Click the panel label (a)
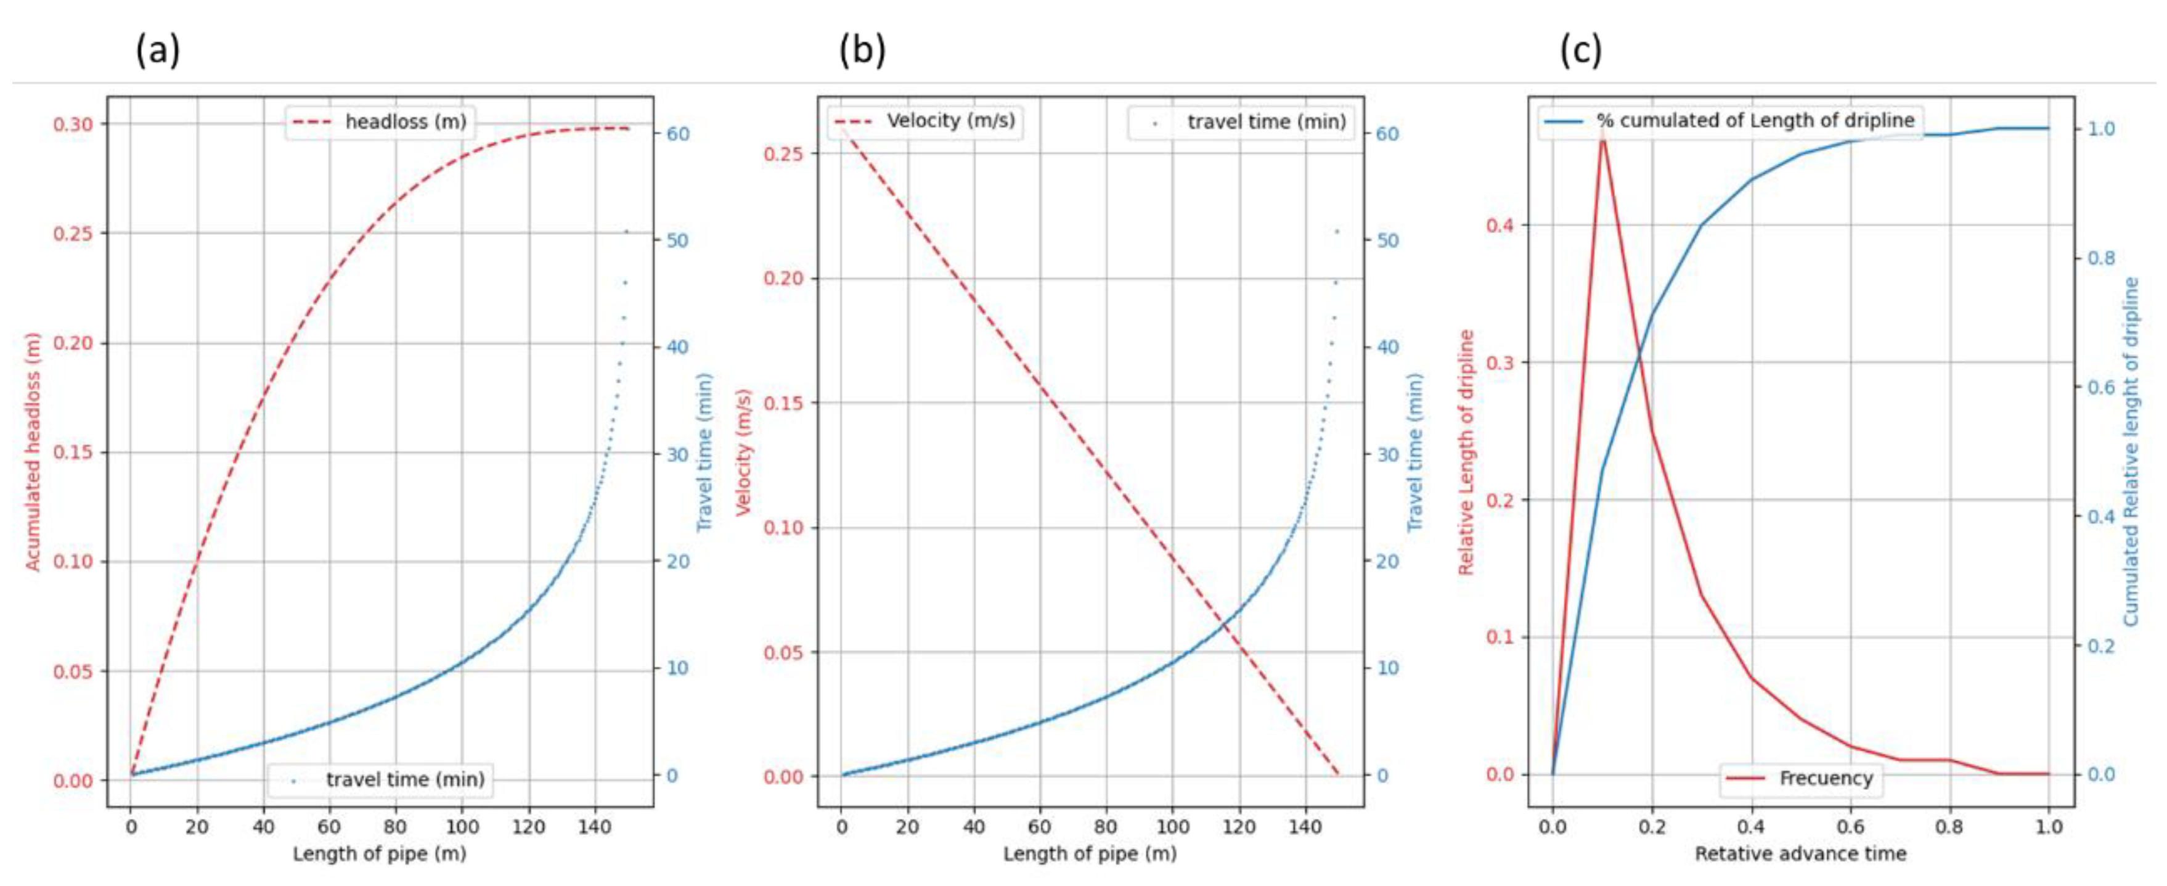157,51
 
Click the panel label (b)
862,51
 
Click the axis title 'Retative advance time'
1800,854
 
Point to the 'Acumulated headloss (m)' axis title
33,452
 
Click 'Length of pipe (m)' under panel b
1090,854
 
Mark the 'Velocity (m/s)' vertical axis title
744,452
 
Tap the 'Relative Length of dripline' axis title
1466,452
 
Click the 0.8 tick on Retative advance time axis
1949,827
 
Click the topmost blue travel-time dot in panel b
1337,231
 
